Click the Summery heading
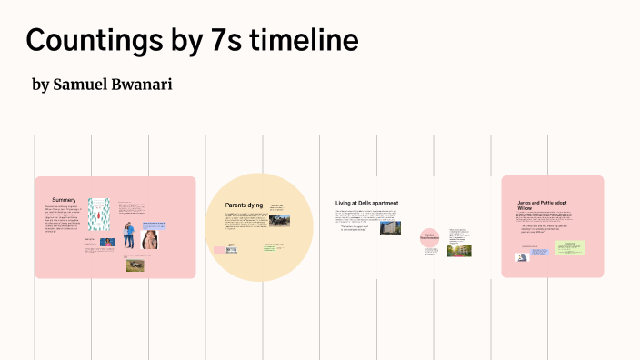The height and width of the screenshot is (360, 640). point(64,199)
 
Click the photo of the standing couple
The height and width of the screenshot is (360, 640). point(129,235)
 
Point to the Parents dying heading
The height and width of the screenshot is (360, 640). point(244,205)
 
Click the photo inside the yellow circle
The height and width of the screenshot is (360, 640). point(279,220)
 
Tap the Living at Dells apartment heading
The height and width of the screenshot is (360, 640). point(366,203)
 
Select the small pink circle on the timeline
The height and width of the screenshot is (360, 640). point(429,237)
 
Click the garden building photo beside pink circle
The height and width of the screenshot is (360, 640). point(458,249)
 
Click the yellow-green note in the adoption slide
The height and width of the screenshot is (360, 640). point(571,246)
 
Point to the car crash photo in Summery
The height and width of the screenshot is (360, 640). point(135,265)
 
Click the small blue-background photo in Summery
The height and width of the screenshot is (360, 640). point(107,243)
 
